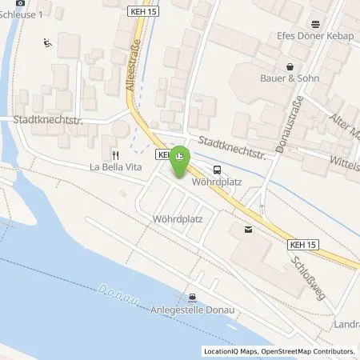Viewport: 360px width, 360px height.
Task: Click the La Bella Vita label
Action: [x=115, y=167]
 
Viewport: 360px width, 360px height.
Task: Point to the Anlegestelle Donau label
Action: [x=190, y=306]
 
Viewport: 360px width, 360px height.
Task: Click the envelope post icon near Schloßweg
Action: [x=247, y=230]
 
